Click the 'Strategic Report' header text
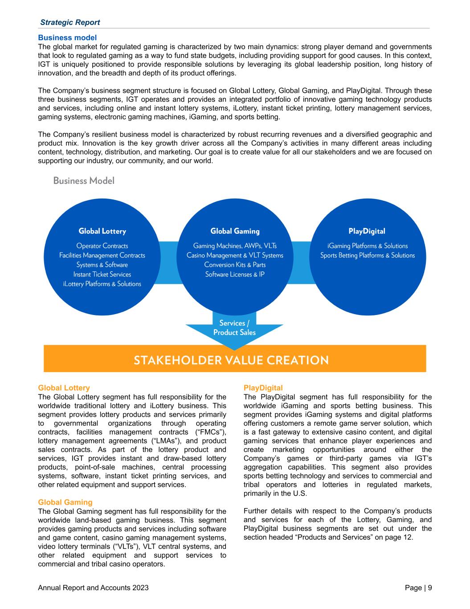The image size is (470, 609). [70, 22]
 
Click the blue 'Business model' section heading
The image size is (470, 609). [67, 38]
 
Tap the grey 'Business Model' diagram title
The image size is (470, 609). [84, 181]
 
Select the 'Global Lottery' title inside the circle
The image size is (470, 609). [102, 231]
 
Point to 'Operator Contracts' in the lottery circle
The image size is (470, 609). [102, 246]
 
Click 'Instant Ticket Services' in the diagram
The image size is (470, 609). [102, 274]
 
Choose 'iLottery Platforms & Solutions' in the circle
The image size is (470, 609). [102, 284]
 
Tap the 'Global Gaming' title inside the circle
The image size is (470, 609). [235, 231]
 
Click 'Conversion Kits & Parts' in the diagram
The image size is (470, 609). [235, 265]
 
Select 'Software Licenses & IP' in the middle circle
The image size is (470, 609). [235, 274]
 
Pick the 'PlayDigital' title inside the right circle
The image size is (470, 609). [367, 231]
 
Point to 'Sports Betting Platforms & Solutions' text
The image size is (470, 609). [367, 255]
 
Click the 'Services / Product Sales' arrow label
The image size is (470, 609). [234, 327]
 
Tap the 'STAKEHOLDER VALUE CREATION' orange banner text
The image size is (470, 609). [231, 360]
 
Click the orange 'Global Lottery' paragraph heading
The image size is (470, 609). [64, 388]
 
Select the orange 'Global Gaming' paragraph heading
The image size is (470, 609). [65, 502]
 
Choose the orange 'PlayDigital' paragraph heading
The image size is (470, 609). [263, 388]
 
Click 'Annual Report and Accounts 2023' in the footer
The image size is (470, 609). [94, 588]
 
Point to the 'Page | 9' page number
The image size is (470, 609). [418, 588]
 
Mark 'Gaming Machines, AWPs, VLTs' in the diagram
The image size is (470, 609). [235, 246]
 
